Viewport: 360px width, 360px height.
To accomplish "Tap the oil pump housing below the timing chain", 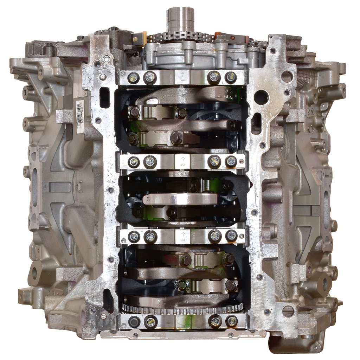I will point(183,54).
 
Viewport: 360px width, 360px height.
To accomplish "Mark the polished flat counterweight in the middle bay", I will point(180,199).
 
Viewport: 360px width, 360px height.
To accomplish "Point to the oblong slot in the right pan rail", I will point(256,123).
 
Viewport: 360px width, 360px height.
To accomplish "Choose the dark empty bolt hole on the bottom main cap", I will point(134,321).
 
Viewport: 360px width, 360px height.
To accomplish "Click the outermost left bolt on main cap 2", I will point(134,162).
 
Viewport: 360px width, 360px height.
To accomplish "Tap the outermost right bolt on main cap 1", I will point(231,77).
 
